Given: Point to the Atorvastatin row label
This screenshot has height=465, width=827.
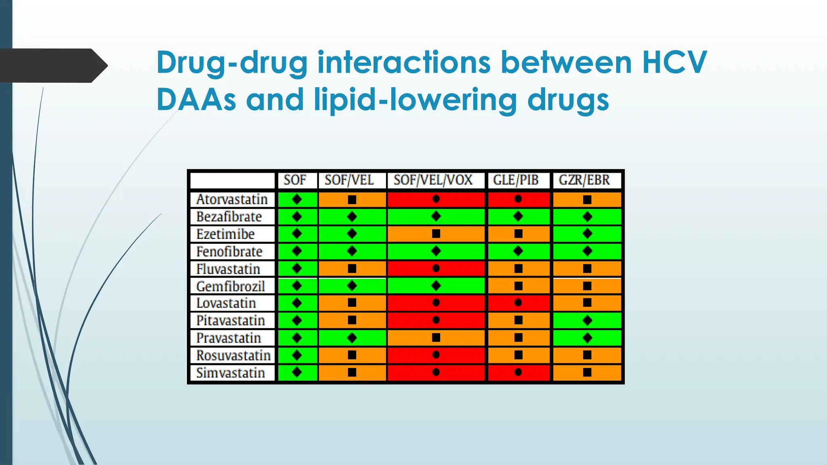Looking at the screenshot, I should click(x=232, y=199).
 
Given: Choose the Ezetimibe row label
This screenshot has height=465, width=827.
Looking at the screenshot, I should click(x=225, y=234).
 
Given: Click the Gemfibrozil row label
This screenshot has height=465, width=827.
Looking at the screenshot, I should click(x=231, y=286).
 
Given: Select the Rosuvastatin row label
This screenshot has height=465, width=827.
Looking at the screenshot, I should click(x=233, y=356).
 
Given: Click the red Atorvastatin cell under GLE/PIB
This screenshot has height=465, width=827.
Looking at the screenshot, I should click(x=518, y=199).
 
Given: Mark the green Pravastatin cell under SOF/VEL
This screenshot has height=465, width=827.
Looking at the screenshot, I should click(x=352, y=338).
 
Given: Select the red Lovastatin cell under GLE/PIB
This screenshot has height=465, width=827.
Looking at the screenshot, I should click(x=518, y=303).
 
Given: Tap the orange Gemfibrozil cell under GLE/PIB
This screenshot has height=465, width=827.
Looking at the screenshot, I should click(x=518, y=286).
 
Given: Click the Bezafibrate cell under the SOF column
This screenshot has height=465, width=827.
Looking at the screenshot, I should click(x=297, y=217).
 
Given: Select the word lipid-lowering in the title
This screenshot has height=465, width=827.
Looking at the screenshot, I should click(x=416, y=100).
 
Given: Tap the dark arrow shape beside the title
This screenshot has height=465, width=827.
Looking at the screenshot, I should click(x=52, y=65).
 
